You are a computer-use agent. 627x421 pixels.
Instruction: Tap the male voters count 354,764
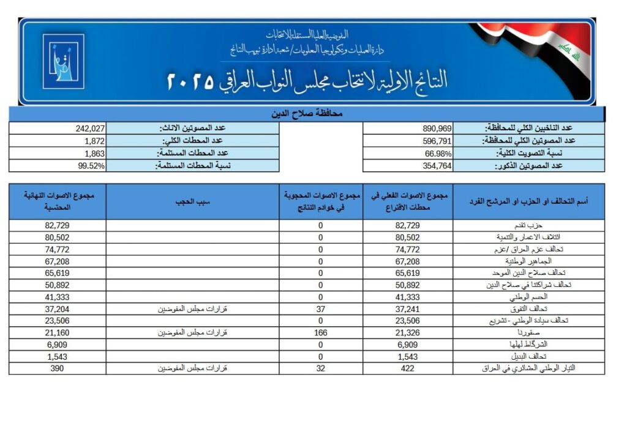[437, 166]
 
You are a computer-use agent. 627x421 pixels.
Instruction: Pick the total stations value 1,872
[96, 141]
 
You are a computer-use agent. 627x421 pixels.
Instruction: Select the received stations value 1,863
[96, 153]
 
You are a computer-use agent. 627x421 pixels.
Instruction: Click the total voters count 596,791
[437, 141]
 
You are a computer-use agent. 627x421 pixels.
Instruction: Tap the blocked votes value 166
[320, 332]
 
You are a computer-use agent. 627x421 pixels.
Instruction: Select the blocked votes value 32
[320, 368]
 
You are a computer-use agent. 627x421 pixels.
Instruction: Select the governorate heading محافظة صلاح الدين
[306, 114]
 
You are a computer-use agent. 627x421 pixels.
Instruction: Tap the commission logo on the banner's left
[63, 61]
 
